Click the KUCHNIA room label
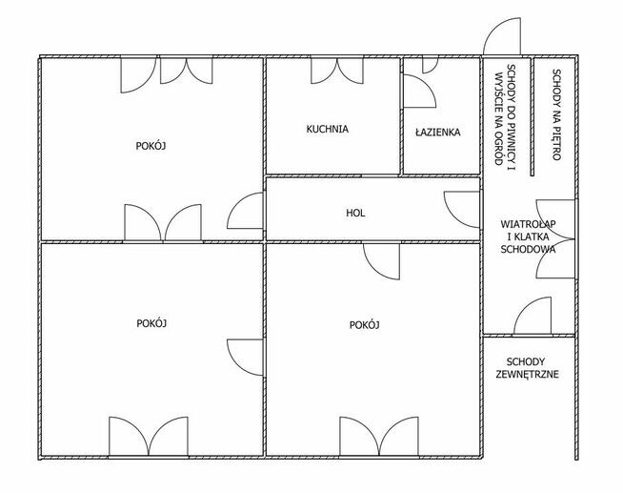[x=328, y=130]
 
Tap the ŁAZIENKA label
[x=438, y=132]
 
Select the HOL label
[x=355, y=213]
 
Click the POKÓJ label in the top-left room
[x=151, y=146]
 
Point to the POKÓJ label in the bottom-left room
[x=151, y=323]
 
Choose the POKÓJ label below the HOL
[x=364, y=325]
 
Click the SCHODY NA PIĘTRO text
[x=556, y=114]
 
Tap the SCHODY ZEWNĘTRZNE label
[x=527, y=368]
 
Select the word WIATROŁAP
[x=528, y=224]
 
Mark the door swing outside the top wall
[x=502, y=36]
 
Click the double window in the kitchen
[x=337, y=71]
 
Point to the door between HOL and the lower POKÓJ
[x=381, y=261]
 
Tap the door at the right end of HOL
[x=462, y=210]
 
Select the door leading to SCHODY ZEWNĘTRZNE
[x=533, y=316]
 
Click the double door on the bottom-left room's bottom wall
[x=149, y=437]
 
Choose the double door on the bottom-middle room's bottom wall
[x=379, y=437]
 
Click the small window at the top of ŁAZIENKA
[x=430, y=65]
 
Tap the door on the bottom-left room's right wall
[x=245, y=358]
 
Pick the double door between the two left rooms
[x=163, y=222]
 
